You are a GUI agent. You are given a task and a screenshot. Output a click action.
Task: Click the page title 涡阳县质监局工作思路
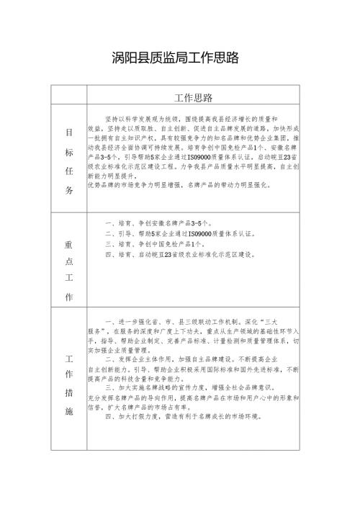click(x=176, y=57)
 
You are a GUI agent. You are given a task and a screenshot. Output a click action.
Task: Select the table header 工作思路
click(x=193, y=97)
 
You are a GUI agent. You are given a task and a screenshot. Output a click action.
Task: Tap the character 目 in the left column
click(x=69, y=133)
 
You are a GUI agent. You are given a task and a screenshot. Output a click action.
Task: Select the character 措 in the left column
click(x=69, y=394)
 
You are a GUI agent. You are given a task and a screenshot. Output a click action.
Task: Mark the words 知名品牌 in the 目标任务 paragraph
click(x=215, y=136)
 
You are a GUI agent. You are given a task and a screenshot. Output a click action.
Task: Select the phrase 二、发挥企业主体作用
click(x=141, y=358)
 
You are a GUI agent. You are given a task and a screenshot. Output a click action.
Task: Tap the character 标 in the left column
click(x=69, y=152)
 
